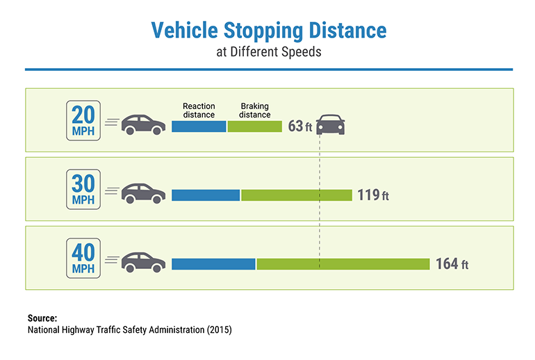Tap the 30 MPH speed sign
[83, 189]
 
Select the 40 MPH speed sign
[83, 258]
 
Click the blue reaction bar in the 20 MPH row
[199, 126]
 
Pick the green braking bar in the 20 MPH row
[255, 126]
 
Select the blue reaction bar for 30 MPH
[206, 195]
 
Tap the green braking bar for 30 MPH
[297, 195]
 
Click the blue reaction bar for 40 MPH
[213, 264]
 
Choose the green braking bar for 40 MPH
[343, 264]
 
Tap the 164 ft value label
[452, 264]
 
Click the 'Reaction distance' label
[199, 111]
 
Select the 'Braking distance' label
[255, 111]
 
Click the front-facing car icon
[331, 125]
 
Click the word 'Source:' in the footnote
[42, 318]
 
